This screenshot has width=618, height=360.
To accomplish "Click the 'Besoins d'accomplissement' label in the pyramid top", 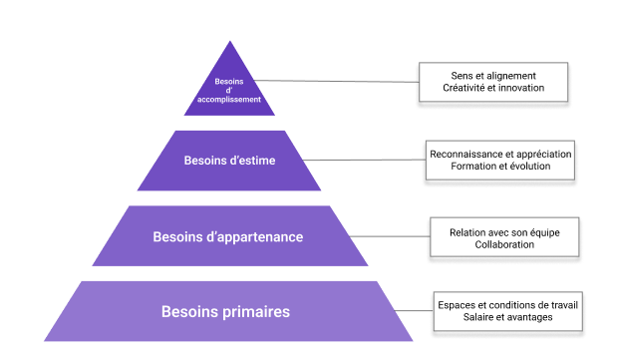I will tap(237, 90).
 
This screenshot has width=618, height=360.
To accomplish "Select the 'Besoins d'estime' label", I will tap(229, 160).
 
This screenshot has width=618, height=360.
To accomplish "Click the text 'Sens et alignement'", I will tap(493, 76).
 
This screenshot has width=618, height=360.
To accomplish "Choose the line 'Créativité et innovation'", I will tap(493, 89).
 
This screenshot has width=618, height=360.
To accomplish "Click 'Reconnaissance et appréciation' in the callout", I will tap(500, 155).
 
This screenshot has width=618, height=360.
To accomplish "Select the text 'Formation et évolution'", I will tap(500, 168).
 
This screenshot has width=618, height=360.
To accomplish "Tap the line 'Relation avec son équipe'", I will tap(504, 231).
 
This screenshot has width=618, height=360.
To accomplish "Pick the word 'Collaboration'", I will tap(504, 244).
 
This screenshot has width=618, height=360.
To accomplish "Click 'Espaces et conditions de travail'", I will tap(507, 304).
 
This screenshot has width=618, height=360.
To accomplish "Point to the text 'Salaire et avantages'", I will tap(507, 317).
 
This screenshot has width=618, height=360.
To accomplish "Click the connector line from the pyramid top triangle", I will tap(339, 82).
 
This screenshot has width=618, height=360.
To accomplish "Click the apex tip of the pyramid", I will tap(230, 43).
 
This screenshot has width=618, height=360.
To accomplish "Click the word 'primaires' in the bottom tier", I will tap(256, 312).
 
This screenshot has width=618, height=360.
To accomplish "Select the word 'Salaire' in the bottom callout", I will tap(480, 317).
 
